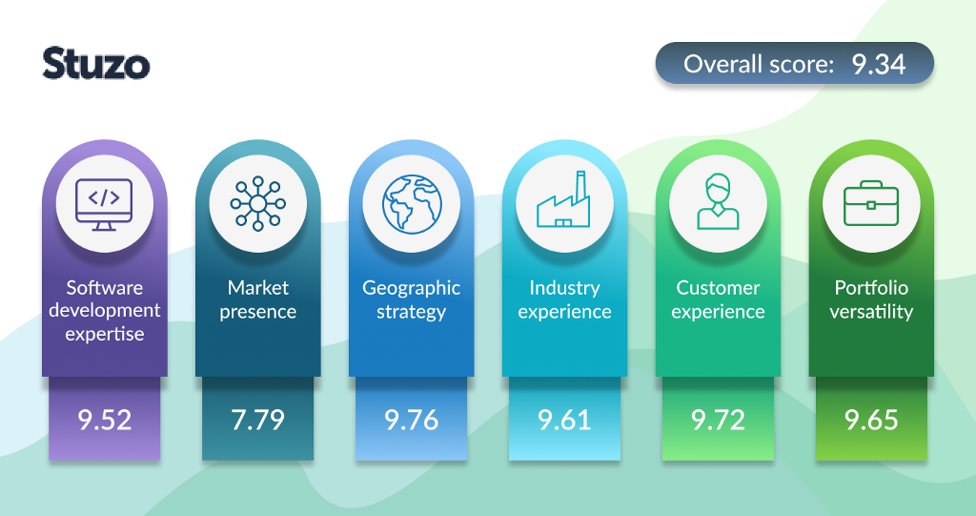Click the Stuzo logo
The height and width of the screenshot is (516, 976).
[x=96, y=64]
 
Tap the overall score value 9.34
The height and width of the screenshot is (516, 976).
[x=878, y=64]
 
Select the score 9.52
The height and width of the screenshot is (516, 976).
[x=105, y=420]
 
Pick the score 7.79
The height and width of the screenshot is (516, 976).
[x=257, y=420]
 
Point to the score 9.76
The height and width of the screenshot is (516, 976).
[x=412, y=420]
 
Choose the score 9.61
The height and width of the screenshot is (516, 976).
[x=564, y=420]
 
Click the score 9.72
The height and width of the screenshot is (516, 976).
[x=719, y=420]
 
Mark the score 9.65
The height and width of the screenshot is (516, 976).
[x=871, y=420]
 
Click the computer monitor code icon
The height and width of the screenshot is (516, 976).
[x=104, y=204]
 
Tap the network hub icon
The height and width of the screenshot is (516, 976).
[x=257, y=204]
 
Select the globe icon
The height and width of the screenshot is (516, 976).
[x=412, y=204]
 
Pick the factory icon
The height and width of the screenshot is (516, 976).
[x=563, y=198]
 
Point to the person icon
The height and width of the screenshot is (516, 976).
[x=718, y=201]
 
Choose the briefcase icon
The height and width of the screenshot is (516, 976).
[x=871, y=203]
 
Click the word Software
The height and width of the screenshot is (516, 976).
[x=105, y=287]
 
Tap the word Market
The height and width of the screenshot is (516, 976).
[x=257, y=287]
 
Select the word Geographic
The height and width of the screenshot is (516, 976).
[x=412, y=289]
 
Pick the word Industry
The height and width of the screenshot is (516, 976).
[x=564, y=289]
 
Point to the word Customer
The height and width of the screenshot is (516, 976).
[x=719, y=287]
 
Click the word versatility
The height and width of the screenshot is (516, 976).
[x=871, y=312]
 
